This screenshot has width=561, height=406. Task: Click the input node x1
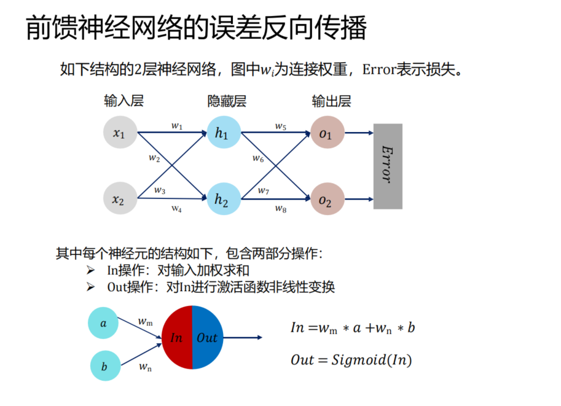point(119,132)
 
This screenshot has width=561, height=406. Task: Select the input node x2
point(119,198)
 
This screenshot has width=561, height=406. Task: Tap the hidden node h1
point(222,132)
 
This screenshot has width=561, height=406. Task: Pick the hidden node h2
point(222,198)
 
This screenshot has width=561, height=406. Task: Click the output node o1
point(326,132)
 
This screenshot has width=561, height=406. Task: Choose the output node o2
point(326,198)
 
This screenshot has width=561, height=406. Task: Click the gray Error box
point(388,166)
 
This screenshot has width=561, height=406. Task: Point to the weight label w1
point(177,126)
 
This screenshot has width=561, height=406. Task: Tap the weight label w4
point(177,209)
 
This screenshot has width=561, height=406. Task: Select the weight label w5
point(281,126)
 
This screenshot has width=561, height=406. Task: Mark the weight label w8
point(281,209)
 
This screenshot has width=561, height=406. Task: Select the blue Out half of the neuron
point(208,337)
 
